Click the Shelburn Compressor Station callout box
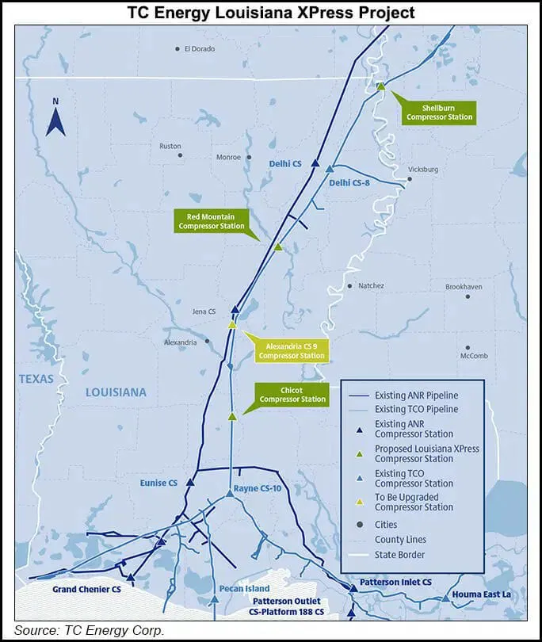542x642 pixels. (439, 112)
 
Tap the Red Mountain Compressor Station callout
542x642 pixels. (211, 221)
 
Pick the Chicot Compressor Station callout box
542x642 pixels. (292, 394)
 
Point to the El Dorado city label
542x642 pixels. (198, 49)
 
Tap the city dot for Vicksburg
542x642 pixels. (410, 179)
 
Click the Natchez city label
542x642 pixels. (370, 286)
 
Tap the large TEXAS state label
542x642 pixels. (36, 379)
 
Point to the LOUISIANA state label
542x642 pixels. (116, 392)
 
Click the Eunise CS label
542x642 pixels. (159, 483)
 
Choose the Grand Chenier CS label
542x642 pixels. (86, 590)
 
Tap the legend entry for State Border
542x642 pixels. (399, 555)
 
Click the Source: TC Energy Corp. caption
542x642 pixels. (90, 631)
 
